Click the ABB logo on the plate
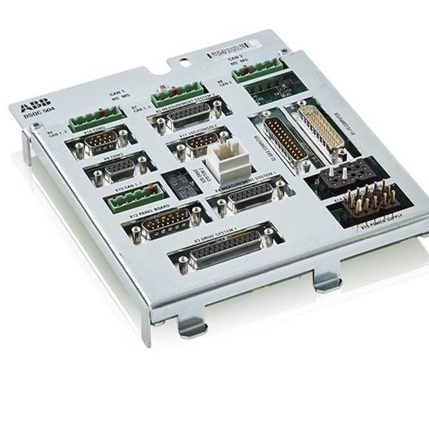tap(30, 107)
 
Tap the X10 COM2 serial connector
tap(102, 142)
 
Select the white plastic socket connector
tap(226, 163)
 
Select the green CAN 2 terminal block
tap(256, 69)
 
